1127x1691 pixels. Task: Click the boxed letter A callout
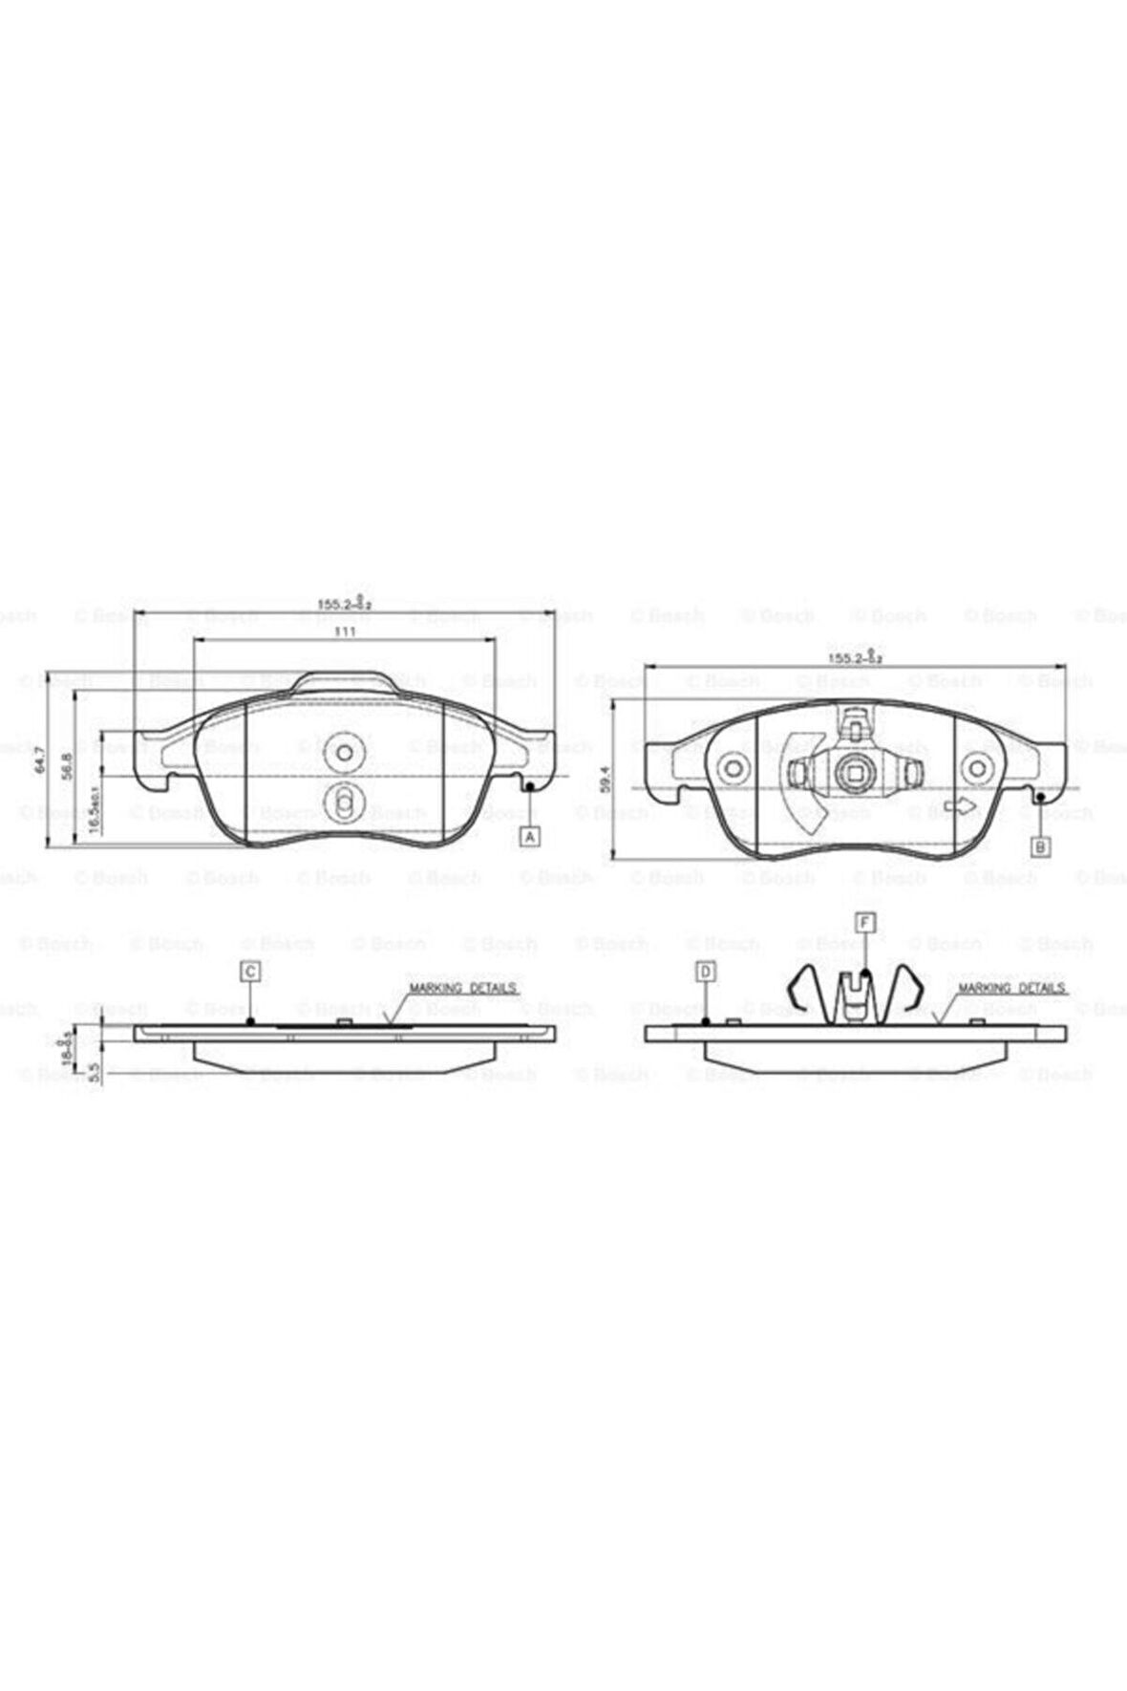click(x=531, y=837)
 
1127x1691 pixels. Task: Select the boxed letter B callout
click(x=1042, y=846)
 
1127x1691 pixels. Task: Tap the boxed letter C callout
click(x=249, y=972)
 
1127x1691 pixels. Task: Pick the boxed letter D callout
click(x=706, y=972)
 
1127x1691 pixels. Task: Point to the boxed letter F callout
click(x=865, y=922)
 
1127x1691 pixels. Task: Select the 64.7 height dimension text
click(x=40, y=759)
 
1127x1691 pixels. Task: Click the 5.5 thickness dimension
click(x=94, y=1074)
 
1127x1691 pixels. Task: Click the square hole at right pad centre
click(x=852, y=772)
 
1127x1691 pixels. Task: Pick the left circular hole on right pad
click(x=734, y=770)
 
